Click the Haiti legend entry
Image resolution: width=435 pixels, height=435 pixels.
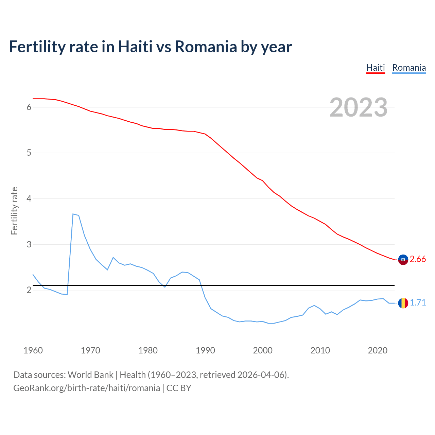click(x=375, y=68)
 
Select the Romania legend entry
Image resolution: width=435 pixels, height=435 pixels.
click(x=409, y=68)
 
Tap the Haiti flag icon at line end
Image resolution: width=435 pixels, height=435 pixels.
click(x=403, y=260)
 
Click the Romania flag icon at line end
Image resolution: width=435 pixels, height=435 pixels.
click(x=403, y=303)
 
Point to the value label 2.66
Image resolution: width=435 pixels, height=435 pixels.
click(x=418, y=259)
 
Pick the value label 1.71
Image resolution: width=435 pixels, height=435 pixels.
click(x=418, y=303)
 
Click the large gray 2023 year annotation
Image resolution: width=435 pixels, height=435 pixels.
click(x=359, y=107)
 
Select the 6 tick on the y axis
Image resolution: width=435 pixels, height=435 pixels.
click(x=29, y=107)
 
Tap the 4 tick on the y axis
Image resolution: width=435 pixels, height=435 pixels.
click(x=29, y=198)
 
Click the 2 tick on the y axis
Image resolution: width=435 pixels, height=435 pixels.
click(x=29, y=290)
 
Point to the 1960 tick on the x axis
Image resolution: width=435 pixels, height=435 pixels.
click(x=33, y=350)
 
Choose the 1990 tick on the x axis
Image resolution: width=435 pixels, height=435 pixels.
click(x=205, y=350)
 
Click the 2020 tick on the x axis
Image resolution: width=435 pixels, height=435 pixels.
click(x=378, y=350)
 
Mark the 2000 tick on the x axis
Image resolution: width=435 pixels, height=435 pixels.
click(x=263, y=350)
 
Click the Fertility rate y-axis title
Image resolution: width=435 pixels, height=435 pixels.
click(x=14, y=211)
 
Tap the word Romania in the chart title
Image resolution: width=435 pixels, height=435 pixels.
click(x=206, y=47)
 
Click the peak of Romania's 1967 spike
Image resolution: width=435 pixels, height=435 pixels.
click(x=73, y=214)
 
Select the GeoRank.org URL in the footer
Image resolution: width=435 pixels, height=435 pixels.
click(x=87, y=388)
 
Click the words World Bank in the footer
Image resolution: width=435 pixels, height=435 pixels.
click(x=90, y=375)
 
